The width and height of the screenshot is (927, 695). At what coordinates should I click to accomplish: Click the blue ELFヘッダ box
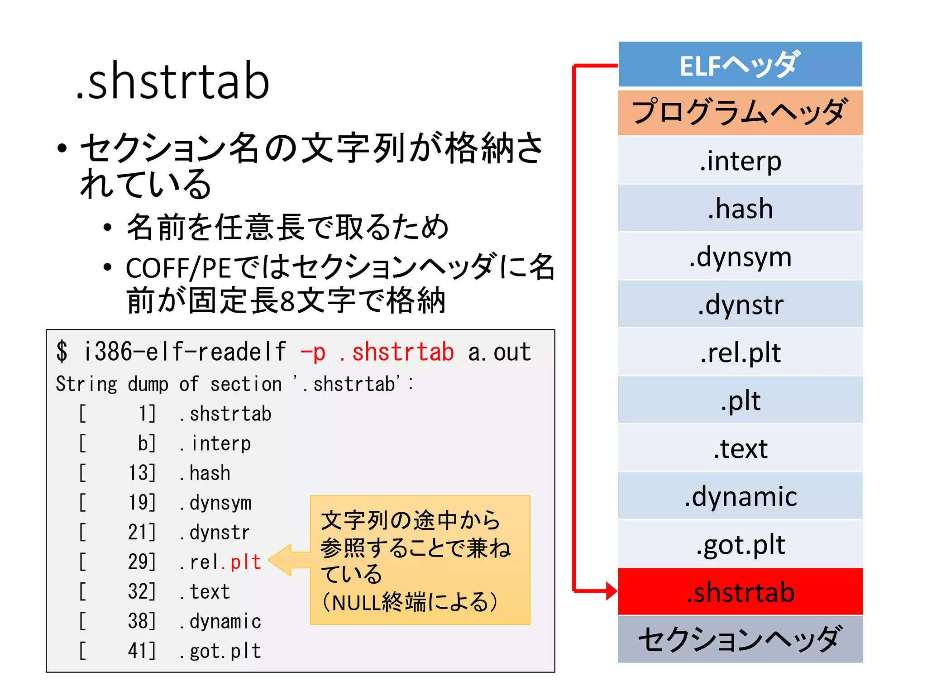[740, 65]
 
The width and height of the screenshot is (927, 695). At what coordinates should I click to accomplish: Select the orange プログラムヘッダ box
[740, 113]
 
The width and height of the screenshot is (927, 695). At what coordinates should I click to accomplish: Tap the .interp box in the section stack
[740, 161]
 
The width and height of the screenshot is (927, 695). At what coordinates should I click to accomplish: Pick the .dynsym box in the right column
[740, 257]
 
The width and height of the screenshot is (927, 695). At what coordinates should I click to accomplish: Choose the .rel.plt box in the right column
[740, 352]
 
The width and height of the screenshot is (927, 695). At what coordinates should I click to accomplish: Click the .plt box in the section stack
[740, 400]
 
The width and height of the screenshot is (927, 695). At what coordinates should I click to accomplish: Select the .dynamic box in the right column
[740, 496]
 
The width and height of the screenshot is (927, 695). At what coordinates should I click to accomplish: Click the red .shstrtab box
[740, 592]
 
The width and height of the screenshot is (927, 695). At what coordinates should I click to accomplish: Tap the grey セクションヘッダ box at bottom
[740, 639]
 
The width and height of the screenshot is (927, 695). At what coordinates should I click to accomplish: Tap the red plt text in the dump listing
[246, 562]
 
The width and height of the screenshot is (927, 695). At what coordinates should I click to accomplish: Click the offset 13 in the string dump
[142, 473]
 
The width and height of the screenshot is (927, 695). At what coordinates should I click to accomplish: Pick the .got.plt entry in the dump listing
[220, 651]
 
